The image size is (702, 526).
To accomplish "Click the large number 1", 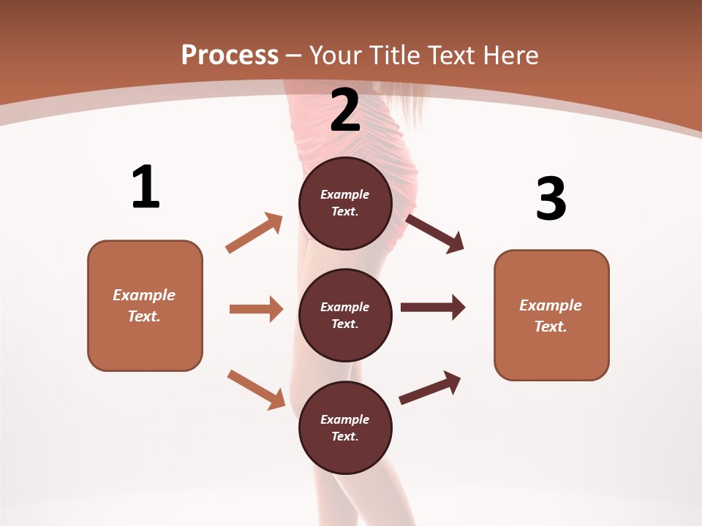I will [146, 188].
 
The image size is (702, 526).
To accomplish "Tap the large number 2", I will [345, 110].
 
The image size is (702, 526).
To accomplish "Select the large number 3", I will [551, 199].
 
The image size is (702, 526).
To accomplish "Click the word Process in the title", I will [230, 55].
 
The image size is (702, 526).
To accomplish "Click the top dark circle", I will [345, 203].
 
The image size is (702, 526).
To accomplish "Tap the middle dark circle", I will [345, 316].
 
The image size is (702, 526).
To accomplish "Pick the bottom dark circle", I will [345, 428].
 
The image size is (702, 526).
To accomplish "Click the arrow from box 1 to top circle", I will [254, 233].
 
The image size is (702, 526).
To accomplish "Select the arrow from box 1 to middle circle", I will [256, 309].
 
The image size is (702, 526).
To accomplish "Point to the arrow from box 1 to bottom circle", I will [256, 389].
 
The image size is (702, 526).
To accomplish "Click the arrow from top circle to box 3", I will [434, 233].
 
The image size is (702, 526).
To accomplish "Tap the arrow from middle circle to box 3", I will [433, 308].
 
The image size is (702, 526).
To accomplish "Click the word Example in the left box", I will [144, 295].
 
